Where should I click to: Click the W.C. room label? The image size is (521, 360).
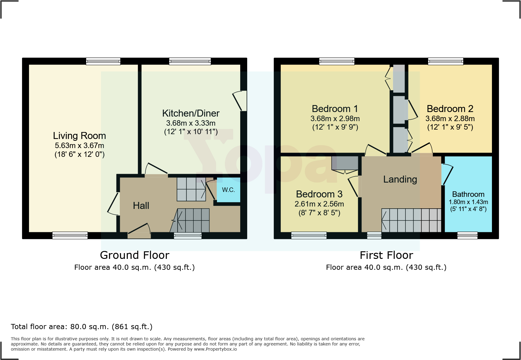click(228, 190)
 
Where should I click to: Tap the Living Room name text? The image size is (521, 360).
click(79, 136)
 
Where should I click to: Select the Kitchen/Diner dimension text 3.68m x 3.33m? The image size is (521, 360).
click(191, 123)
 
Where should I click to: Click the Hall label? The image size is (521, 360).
click(141, 206)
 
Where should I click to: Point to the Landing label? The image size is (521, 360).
click(400, 179)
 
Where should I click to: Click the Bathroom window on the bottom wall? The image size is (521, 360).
click(467, 235)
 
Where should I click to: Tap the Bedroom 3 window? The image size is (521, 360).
click(309, 235)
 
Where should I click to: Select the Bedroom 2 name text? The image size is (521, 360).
click(450, 109)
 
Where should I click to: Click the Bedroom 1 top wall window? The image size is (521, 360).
click(336, 61)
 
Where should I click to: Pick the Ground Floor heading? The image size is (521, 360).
click(135, 255)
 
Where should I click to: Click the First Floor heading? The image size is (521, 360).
click(386, 255)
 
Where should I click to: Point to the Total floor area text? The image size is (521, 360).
click(82, 327)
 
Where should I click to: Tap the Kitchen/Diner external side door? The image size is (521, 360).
click(240, 101)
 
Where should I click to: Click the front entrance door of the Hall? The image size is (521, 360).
click(139, 230)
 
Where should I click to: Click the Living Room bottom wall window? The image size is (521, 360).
click(70, 235)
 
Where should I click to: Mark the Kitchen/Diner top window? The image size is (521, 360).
click(190, 61)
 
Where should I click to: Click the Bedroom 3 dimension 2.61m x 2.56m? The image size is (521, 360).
click(319, 204)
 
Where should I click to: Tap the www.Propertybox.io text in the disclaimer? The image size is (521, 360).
click(215, 349)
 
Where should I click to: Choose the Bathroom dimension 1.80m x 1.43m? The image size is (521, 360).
click(468, 202)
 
